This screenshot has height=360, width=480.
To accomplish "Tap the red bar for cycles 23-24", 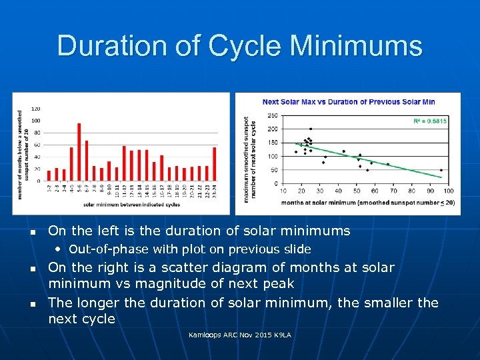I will [x=214, y=165].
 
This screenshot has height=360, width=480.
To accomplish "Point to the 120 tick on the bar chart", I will [x=35, y=109].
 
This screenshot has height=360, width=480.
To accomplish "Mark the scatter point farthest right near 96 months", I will [x=441, y=170].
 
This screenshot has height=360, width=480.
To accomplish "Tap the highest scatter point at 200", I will [x=310, y=129].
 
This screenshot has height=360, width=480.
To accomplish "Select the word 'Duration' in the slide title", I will [x=128, y=47].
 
